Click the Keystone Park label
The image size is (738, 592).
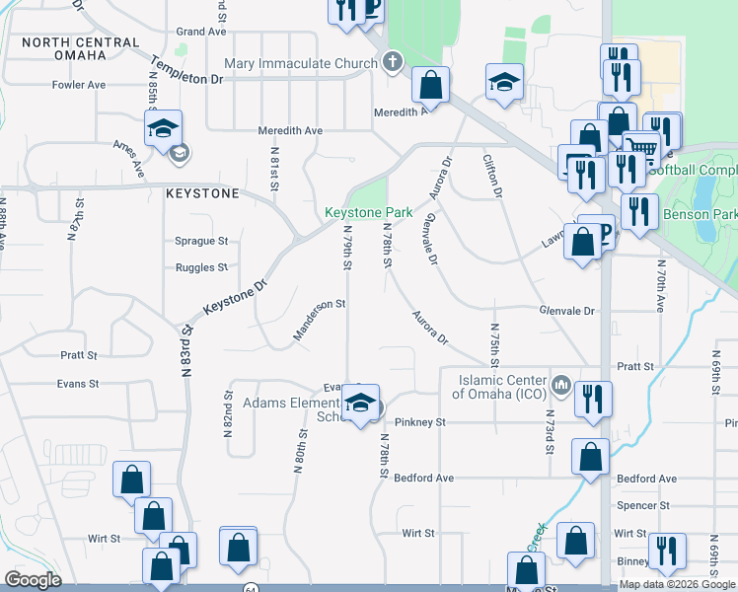point(369,212)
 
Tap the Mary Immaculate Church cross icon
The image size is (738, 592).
point(393,63)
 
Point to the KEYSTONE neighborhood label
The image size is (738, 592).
point(202,193)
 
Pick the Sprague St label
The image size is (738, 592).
point(201,241)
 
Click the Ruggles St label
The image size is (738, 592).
point(201,267)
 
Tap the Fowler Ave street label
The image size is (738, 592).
point(79,85)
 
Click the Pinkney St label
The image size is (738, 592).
point(421,422)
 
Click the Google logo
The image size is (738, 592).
point(33,580)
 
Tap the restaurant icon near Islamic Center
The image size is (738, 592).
point(593,399)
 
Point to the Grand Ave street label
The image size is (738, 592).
point(202,32)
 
